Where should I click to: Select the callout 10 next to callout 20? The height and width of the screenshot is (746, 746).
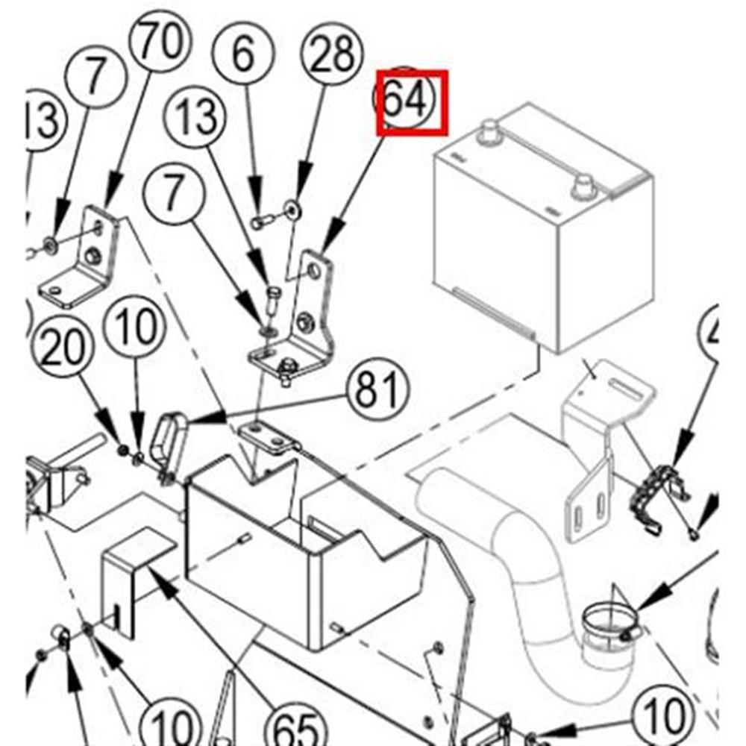pyautogui.click(x=137, y=327)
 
